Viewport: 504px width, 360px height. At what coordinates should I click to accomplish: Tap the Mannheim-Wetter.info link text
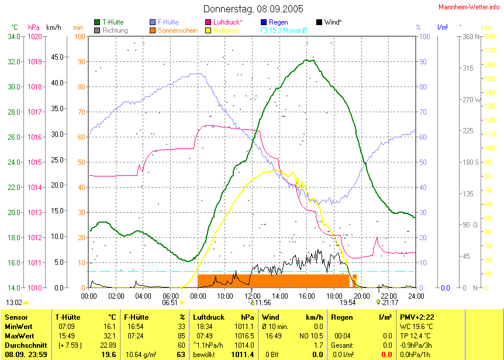pyautogui.click(x=470, y=6)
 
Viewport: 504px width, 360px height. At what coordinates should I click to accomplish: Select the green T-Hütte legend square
pyautogui.click(x=97, y=22)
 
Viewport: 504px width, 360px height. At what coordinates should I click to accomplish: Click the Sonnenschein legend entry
pyautogui.click(x=178, y=30)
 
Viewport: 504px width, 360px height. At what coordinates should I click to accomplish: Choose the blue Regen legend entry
pyautogui.click(x=278, y=22)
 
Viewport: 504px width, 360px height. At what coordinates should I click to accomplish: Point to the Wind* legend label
pyautogui.click(x=333, y=22)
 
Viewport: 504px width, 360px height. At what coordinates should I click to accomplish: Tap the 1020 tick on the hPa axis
pyautogui.click(x=34, y=37)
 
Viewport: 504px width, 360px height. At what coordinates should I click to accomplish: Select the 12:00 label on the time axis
pyautogui.click(x=252, y=296)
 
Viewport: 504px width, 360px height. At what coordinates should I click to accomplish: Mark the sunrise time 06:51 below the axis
pyautogui.click(x=170, y=303)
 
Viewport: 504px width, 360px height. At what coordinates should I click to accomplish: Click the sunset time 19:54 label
pyautogui.click(x=348, y=303)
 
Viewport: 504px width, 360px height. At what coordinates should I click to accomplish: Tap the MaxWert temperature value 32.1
pyautogui.click(x=109, y=335)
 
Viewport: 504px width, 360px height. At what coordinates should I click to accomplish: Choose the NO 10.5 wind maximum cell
pyautogui.click(x=312, y=335)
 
